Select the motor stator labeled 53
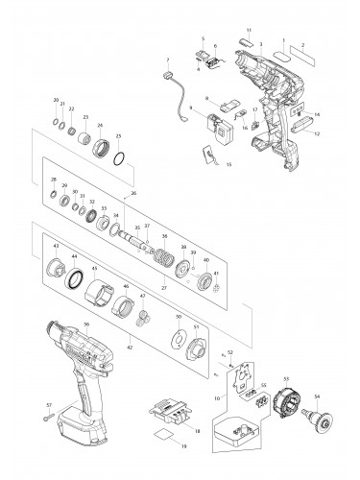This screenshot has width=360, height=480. coord(286,401)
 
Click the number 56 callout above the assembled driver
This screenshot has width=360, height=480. coord(85,325)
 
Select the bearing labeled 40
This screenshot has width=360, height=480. coord(204,281)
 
